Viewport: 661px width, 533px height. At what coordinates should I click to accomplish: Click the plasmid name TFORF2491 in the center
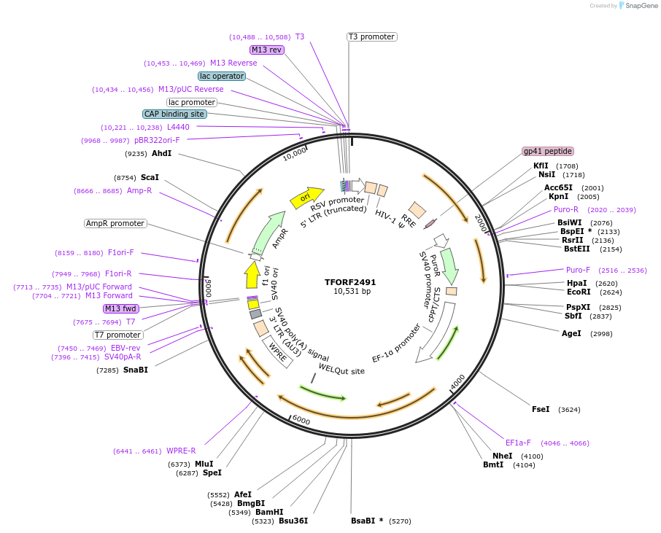[x=350, y=282]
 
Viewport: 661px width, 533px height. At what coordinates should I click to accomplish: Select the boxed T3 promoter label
[x=371, y=36]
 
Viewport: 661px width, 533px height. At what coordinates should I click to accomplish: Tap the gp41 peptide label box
[x=548, y=151]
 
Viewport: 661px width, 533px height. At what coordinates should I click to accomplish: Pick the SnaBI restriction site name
[x=135, y=370]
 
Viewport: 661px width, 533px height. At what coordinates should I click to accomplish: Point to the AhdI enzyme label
[x=161, y=154]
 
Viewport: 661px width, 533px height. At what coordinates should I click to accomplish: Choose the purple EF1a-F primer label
[x=518, y=443]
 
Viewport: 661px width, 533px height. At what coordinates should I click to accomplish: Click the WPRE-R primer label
[x=181, y=451]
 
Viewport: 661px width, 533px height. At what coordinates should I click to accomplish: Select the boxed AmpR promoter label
[x=115, y=223]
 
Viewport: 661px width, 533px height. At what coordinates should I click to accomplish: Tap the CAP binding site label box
[x=174, y=114]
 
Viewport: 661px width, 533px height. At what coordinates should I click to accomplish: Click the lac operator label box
[x=222, y=76]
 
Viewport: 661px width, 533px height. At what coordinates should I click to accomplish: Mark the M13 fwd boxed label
[x=121, y=308]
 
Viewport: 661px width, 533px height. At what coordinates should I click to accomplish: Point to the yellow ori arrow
[x=306, y=198]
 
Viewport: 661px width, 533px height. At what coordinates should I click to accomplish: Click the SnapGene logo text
[x=641, y=6]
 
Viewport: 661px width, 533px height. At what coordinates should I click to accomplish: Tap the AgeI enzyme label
[x=571, y=333]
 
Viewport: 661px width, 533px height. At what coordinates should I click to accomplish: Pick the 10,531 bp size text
[x=350, y=292]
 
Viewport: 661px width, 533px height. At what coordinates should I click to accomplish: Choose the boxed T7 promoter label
[x=117, y=335]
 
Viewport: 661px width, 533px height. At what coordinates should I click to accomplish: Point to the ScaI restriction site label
[x=150, y=177]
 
